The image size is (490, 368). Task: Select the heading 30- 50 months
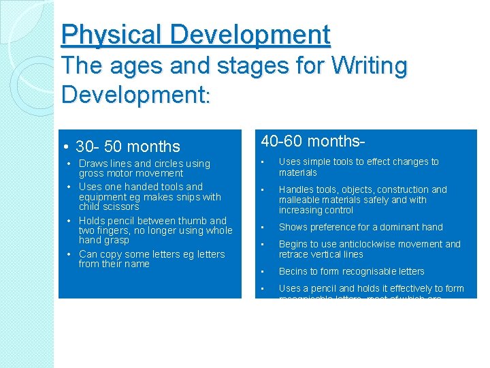pyautogui.click(x=127, y=147)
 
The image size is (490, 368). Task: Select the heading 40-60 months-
pyautogui.click(x=314, y=141)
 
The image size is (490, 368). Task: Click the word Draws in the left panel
pyautogui.click(x=92, y=164)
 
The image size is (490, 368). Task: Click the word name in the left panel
pyautogui.click(x=137, y=264)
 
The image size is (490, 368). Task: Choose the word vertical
pyautogui.click(x=327, y=254)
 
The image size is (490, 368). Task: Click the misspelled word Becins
pyautogui.click(x=293, y=271)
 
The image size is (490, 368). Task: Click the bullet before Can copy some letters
pyautogui.click(x=71, y=254)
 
